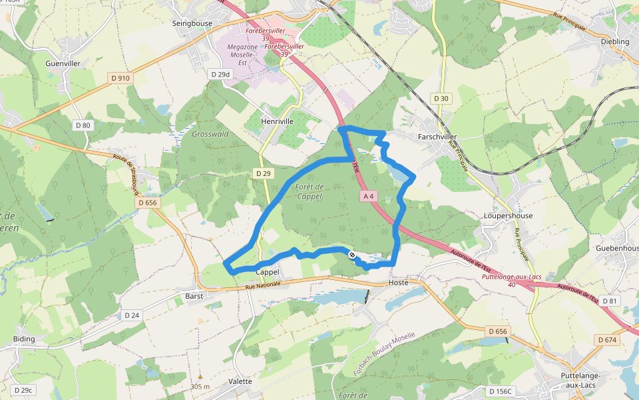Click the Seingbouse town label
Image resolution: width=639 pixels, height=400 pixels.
[x=192, y=23]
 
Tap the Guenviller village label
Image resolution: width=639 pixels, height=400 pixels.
[x=63, y=63]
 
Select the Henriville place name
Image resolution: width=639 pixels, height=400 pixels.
[x=277, y=122]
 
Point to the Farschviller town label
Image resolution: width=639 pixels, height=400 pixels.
[x=438, y=137]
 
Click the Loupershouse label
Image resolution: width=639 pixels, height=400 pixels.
[x=509, y=216]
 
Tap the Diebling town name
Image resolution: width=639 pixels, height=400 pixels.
[x=614, y=41]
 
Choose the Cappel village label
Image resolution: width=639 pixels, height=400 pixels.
[x=267, y=273]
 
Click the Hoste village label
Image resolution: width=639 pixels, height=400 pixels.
[x=397, y=283]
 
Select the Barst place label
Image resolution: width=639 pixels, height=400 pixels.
[x=194, y=295]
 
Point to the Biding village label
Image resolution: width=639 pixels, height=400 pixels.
[x=23, y=339]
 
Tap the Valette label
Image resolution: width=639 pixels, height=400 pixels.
[x=240, y=381]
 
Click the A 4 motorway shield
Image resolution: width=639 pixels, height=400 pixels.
[x=369, y=196]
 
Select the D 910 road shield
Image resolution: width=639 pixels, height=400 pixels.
[x=121, y=78]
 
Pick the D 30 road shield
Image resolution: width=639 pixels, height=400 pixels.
[x=441, y=99]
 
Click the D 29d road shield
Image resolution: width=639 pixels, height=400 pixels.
[x=220, y=74]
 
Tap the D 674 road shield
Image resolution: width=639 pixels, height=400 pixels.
[x=608, y=340]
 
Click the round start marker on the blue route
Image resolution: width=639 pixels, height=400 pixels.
[x=352, y=255]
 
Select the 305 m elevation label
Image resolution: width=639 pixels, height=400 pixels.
[x=200, y=387]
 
